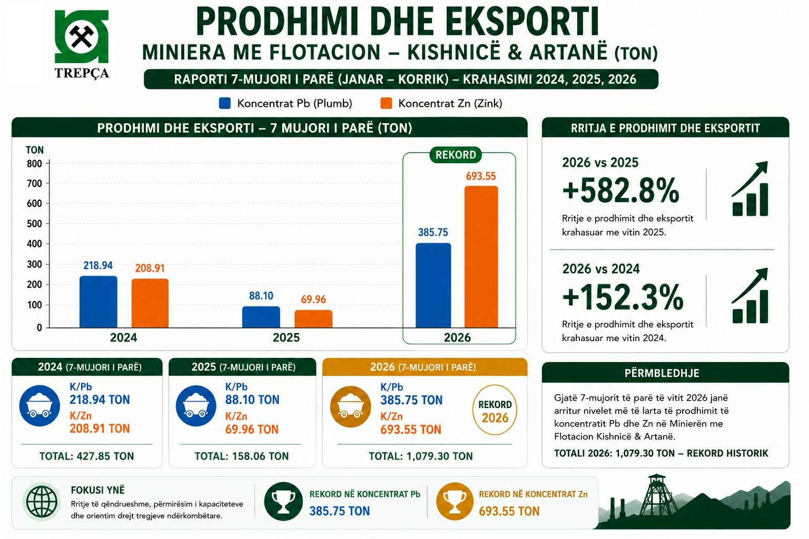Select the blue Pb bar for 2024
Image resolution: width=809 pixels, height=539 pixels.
click(98, 302)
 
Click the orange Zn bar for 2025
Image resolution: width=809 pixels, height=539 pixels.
click(313, 319)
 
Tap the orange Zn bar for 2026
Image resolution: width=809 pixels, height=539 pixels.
click(481, 257)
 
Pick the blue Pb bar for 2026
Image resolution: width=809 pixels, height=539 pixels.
click(433, 285)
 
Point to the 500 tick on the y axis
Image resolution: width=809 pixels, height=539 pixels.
click(34, 224)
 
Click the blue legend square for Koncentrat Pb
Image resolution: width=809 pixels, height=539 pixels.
click(225, 103)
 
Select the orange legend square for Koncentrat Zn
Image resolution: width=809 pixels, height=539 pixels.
click(386, 103)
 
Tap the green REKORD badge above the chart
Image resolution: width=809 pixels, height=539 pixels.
click(456, 155)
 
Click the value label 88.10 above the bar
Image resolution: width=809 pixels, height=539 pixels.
click(261, 296)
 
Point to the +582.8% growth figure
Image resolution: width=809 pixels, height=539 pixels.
click(620, 190)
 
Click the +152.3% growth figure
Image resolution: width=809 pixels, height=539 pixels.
click(623, 297)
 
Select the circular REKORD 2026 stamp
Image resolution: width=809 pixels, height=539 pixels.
click(495, 410)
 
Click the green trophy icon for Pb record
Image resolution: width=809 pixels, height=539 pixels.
click(283, 502)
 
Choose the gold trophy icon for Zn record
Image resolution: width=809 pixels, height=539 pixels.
click(455, 502)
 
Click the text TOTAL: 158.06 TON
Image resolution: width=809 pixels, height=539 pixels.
click(242, 456)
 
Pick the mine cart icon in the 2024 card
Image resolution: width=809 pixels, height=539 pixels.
click(40, 406)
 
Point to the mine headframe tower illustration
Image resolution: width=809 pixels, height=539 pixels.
click(657, 495)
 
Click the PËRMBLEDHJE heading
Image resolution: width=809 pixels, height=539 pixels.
click(662, 373)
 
